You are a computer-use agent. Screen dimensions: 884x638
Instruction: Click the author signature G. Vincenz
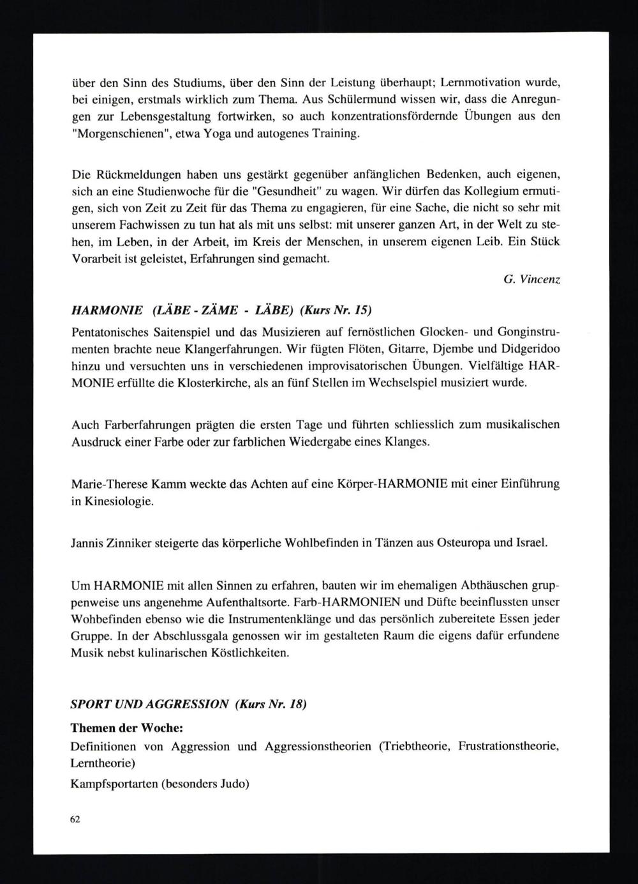click(531, 280)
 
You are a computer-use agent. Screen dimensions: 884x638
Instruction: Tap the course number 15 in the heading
click(362, 310)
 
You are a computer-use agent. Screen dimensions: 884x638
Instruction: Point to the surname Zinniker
click(133, 543)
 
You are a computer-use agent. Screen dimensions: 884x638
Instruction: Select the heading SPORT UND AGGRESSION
click(149, 705)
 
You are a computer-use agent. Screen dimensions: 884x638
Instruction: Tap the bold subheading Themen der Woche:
click(126, 728)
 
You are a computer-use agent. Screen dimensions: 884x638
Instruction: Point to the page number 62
click(75, 819)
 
